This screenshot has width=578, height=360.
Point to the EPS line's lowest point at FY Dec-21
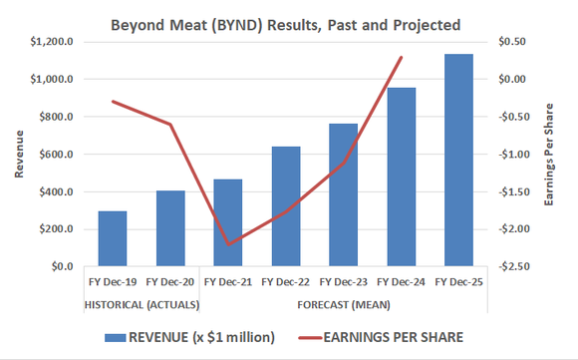pyautogui.click(x=228, y=244)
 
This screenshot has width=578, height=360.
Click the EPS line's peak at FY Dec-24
pyautogui.click(x=402, y=57)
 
